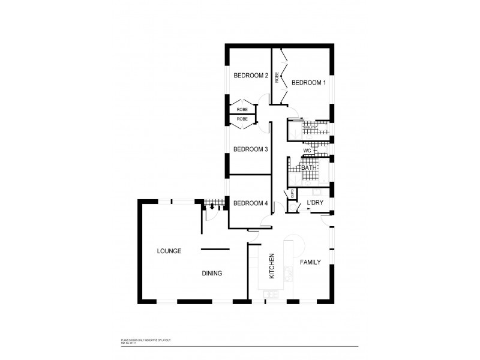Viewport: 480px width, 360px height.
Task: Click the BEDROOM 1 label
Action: click(x=308, y=83)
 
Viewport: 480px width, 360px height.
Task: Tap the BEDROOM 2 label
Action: click(x=250, y=76)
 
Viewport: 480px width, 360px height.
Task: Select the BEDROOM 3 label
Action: click(x=250, y=149)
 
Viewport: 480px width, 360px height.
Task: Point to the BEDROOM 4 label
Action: click(x=250, y=203)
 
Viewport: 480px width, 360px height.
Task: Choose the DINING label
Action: click(x=212, y=273)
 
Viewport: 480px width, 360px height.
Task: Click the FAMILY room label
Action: click(x=311, y=262)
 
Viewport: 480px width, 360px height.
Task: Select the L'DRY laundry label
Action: click(x=315, y=203)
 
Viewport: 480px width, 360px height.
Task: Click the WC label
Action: click(x=307, y=151)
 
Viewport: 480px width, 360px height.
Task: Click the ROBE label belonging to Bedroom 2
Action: click(x=242, y=110)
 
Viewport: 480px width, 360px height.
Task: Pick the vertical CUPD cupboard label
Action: click(x=292, y=193)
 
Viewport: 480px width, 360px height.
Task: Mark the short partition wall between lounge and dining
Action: click(x=215, y=248)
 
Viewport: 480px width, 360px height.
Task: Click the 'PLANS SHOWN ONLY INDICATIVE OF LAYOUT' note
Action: click(x=146, y=340)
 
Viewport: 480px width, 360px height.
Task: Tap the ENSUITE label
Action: click(x=310, y=128)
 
